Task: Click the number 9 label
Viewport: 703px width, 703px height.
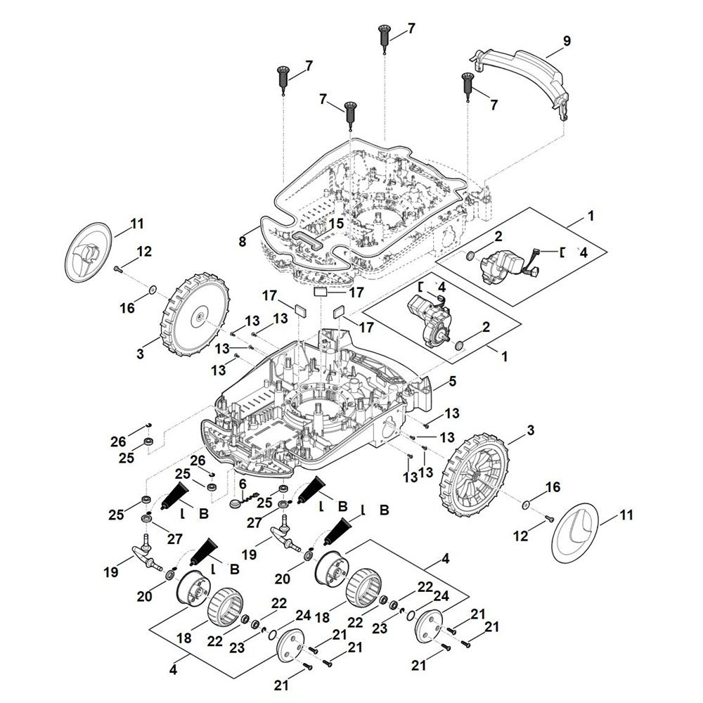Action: [x=567, y=41]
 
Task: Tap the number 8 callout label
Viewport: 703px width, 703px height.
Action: [x=243, y=241]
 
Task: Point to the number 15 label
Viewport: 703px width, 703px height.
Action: [x=336, y=224]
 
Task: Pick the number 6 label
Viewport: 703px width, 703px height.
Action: [x=243, y=484]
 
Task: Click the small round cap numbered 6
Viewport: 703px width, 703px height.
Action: [x=236, y=504]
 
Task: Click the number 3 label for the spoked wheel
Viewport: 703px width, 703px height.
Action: [x=530, y=430]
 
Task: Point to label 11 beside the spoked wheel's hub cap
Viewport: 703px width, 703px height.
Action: [x=626, y=515]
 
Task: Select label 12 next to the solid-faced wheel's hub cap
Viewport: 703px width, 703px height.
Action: [x=143, y=251]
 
